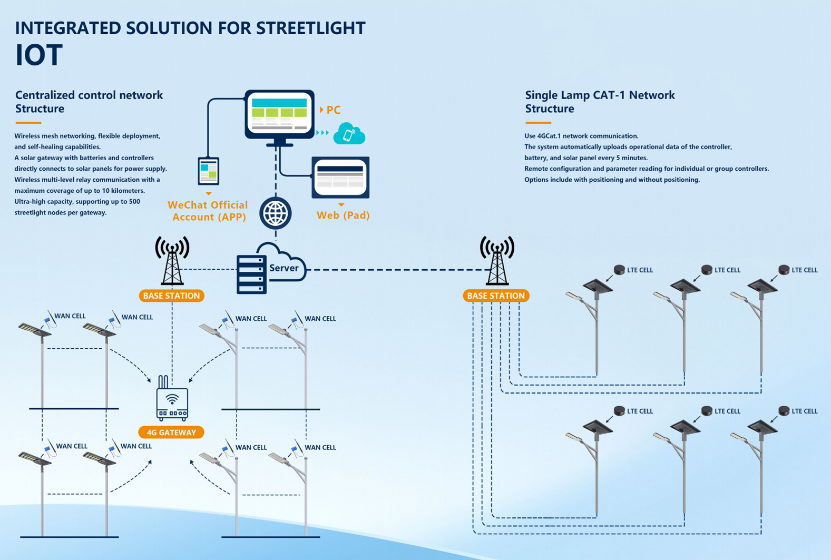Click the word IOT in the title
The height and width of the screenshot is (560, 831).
(x=39, y=55)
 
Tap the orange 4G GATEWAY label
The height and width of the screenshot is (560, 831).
(x=171, y=433)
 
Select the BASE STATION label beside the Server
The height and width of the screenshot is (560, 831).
(x=171, y=296)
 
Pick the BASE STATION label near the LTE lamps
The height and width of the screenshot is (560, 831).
(x=496, y=296)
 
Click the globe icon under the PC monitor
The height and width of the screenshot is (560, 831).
(x=276, y=213)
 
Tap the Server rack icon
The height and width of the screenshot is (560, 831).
(x=251, y=274)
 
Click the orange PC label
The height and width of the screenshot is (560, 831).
(x=334, y=110)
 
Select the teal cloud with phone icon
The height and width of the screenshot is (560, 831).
(x=349, y=134)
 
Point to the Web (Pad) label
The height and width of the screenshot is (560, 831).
(x=343, y=215)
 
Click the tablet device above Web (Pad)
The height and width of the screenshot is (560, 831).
(x=340, y=178)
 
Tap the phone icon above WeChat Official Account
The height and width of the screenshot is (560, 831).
(x=209, y=171)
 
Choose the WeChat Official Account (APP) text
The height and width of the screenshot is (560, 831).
(x=208, y=211)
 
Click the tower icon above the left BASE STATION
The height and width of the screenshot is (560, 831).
(x=172, y=261)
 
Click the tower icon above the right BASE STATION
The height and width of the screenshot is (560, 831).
(x=497, y=261)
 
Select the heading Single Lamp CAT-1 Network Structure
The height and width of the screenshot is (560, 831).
(x=600, y=102)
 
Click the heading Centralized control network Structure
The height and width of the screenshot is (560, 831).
(x=89, y=102)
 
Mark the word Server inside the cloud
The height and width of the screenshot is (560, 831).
(x=284, y=268)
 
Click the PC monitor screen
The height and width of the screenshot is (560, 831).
(x=279, y=114)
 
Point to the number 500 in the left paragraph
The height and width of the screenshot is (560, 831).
(x=134, y=201)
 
